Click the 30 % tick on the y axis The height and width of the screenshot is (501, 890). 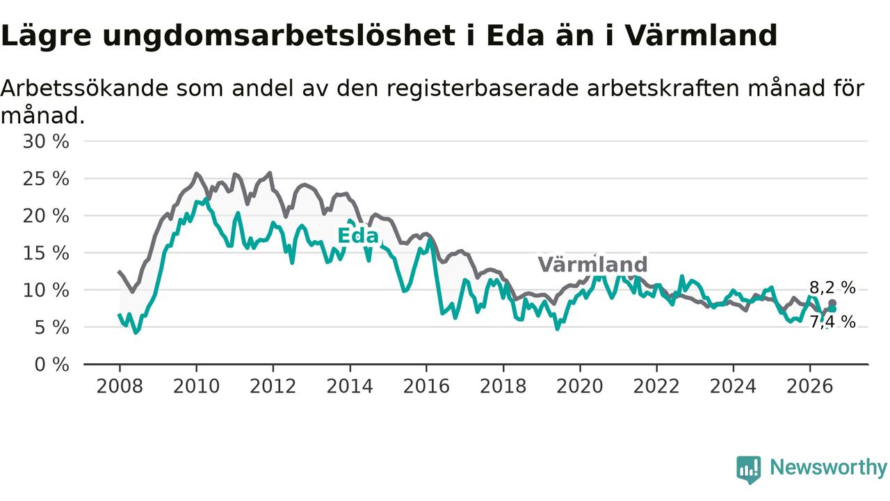pos(46,141)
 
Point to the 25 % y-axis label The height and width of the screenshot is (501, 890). pos(46,179)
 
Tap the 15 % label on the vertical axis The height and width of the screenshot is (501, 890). pos(46,253)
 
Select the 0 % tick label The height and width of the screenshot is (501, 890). pos(51,365)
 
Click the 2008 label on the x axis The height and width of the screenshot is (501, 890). pos(119,386)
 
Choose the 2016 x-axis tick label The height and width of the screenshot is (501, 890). pos(426,386)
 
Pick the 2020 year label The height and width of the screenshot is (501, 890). pos(580,386)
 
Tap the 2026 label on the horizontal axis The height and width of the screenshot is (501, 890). pos(810,386)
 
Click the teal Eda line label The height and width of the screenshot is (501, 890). pos(358,236)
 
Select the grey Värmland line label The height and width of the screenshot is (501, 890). pos(593,264)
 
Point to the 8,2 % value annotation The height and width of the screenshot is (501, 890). pos(832,287)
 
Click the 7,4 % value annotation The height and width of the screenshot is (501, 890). pos(832,321)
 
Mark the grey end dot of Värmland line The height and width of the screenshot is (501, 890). pos(832,303)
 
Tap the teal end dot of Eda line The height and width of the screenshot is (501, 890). pos(832,309)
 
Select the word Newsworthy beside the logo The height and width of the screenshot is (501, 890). pos(828,468)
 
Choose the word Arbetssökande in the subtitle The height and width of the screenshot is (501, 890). pos(84,88)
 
